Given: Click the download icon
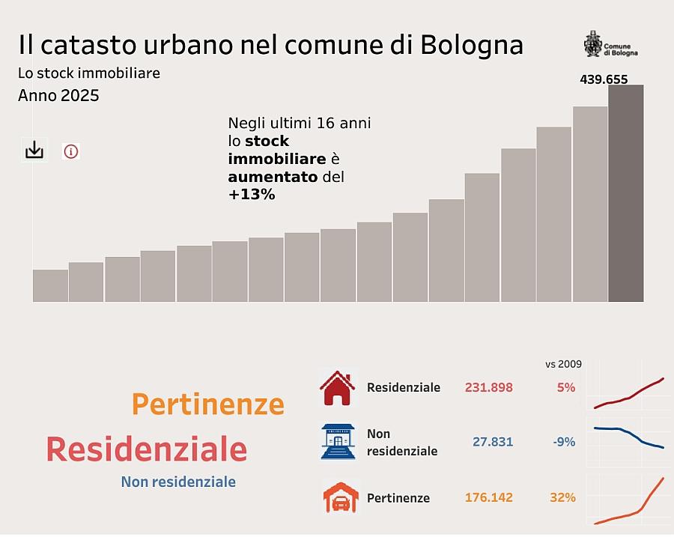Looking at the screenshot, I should click(34, 151).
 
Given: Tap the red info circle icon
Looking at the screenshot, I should click(71, 151).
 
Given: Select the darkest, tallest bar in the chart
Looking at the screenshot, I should click(625, 193).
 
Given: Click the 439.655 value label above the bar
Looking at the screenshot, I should click(604, 79).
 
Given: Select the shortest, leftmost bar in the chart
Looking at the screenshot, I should click(50, 285).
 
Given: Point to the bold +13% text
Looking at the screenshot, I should click(252, 195).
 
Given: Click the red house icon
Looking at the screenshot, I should click(338, 388).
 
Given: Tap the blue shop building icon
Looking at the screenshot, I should click(338, 442).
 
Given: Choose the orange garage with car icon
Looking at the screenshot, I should click(341, 497).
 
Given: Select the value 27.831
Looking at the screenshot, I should click(493, 442).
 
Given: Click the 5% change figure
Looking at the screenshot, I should click(566, 387).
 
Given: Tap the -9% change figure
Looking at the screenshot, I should click(564, 442).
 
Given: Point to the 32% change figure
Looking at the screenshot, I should click(563, 497).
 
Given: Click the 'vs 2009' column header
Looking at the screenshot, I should click(563, 364).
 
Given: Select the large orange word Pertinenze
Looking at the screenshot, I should click(208, 404).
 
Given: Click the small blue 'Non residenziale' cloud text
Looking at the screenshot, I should click(178, 482).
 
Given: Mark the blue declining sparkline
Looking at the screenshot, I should click(628, 437).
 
